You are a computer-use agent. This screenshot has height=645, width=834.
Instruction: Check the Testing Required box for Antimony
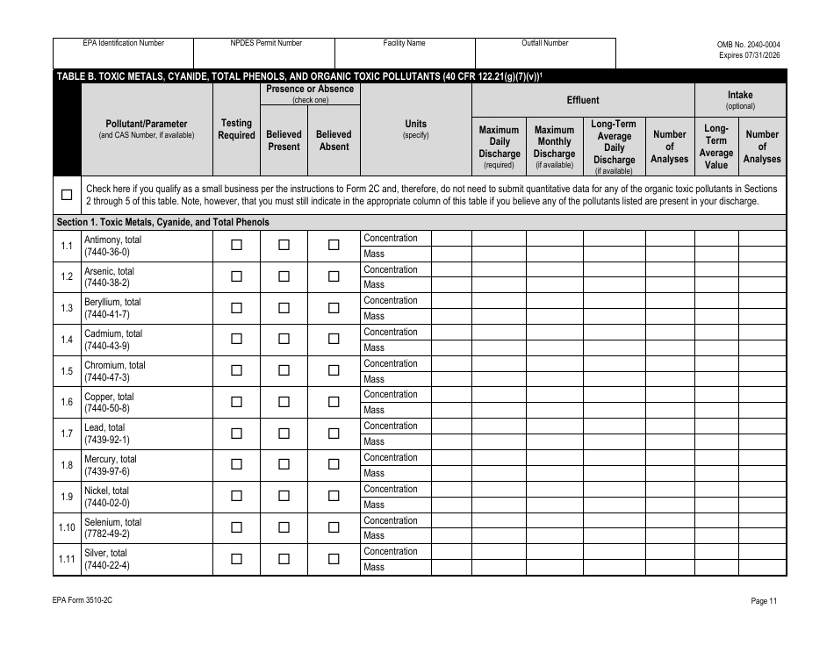click(x=236, y=246)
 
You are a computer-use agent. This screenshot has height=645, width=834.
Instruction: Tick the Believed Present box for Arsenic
click(x=284, y=277)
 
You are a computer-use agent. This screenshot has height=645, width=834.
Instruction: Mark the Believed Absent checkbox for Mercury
click(x=334, y=465)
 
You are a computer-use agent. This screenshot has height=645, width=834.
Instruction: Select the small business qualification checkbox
click(x=67, y=195)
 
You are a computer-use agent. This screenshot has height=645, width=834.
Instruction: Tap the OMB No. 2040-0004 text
click(x=748, y=44)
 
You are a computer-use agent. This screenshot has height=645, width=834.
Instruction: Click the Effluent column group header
click(x=583, y=100)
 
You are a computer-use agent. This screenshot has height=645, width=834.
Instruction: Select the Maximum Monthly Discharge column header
click(x=554, y=147)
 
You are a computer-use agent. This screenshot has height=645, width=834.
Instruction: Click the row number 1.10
click(x=67, y=528)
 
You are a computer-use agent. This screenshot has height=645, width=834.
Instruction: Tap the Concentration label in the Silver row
click(x=391, y=551)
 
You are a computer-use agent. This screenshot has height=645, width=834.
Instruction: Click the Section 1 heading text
click(x=162, y=222)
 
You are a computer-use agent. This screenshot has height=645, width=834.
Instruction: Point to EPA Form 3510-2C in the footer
click(x=84, y=601)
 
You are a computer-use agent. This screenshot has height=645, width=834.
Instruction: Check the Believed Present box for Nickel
click(x=284, y=497)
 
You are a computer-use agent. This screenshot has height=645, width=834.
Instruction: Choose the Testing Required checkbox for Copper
click(x=236, y=402)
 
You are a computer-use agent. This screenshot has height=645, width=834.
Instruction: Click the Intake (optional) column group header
click(x=740, y=100)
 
